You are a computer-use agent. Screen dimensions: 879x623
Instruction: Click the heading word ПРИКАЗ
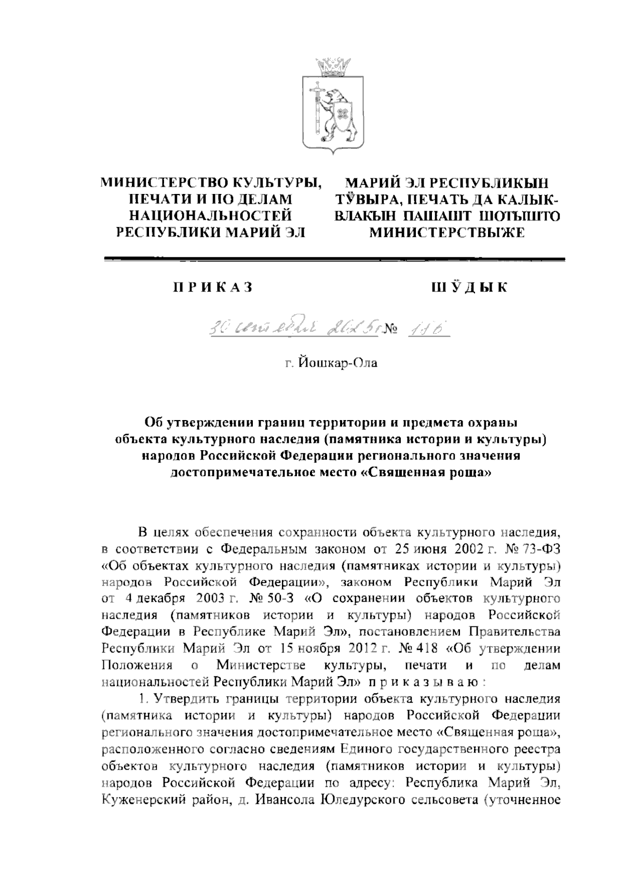[x=212, y=287]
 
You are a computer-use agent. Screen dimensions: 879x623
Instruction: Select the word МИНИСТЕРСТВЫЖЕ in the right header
[x=447, y=233]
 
